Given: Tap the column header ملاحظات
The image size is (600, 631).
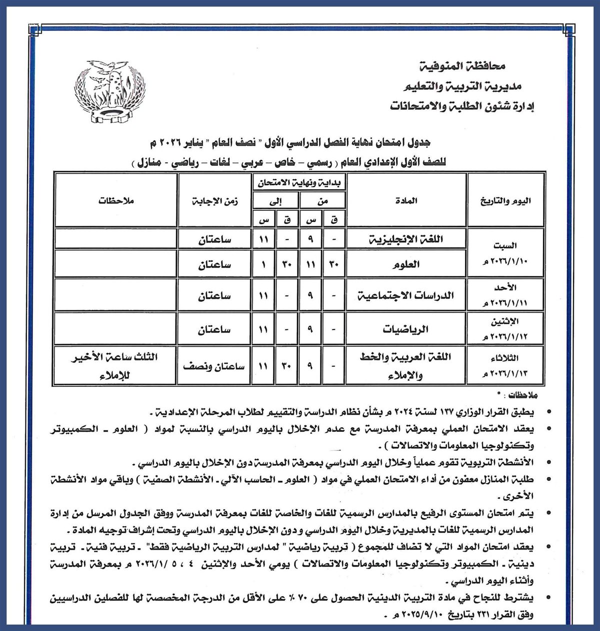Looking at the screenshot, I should point(116,201).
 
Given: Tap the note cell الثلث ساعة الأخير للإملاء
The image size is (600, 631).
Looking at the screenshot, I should point(116,365).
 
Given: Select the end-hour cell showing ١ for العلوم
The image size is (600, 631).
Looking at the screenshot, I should point(263,266).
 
